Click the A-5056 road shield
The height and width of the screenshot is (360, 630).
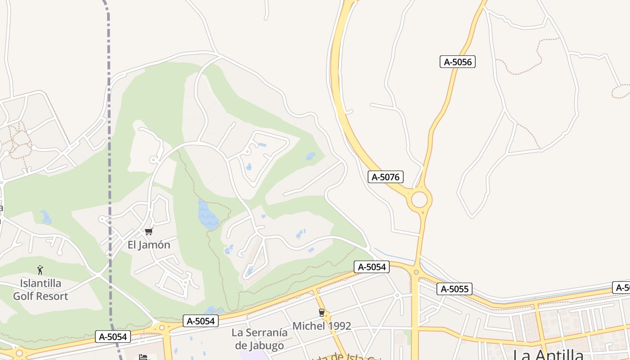click(457, 62)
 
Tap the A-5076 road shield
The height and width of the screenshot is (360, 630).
click(386, 177)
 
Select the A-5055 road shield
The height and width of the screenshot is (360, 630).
click(455, 289)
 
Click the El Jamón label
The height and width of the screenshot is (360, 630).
click(149, 245)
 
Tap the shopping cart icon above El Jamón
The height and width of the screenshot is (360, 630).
click(148, 232)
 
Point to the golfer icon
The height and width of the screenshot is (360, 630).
click(40, 270)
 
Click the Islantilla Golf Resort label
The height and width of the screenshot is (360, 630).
click(40, 290)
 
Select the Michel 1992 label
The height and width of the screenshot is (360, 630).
click(322, 326)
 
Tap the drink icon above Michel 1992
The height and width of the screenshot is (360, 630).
click(321, 313)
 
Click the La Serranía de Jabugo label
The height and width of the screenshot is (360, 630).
click(260, 339)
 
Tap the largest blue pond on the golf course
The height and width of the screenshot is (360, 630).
click(208, 214)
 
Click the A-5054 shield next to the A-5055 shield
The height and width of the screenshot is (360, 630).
click(371, 267)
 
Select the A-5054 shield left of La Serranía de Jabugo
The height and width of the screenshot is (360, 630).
click(201, 321)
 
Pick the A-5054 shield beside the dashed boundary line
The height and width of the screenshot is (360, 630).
click(113, 336)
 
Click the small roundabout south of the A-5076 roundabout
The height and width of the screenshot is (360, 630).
click(416, 272)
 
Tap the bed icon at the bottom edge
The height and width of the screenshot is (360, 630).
click(143, 357)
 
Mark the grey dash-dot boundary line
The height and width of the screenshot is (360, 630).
click(109, 135)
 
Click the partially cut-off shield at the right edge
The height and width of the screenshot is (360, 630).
click(622, 288)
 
